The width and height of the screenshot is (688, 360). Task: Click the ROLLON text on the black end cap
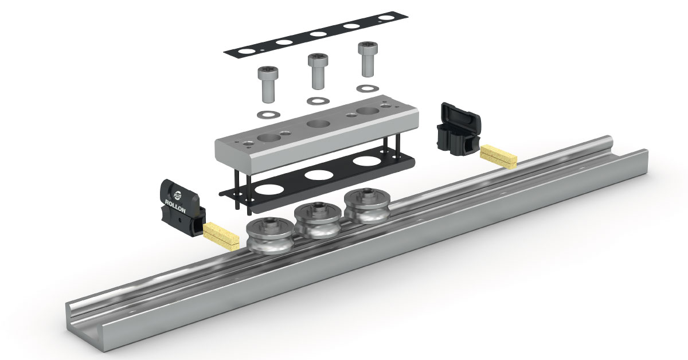(x=175, y=206)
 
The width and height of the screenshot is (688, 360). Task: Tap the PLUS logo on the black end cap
(x=178, y=195)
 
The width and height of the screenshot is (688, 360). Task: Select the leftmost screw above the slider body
(x=268, y=84)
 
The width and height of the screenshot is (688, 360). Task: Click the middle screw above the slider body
(x=318, y=71)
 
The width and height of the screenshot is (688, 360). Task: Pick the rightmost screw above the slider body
(x=368, y=59)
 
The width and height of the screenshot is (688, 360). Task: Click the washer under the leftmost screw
(x=268, y=115)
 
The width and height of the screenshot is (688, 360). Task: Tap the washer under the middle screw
(x=318, y=101)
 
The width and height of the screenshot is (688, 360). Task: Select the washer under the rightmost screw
(x=368, y=88)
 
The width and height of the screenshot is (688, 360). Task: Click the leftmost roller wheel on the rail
(x=269, y=236)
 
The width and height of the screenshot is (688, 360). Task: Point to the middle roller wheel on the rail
(x=318, y=220)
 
